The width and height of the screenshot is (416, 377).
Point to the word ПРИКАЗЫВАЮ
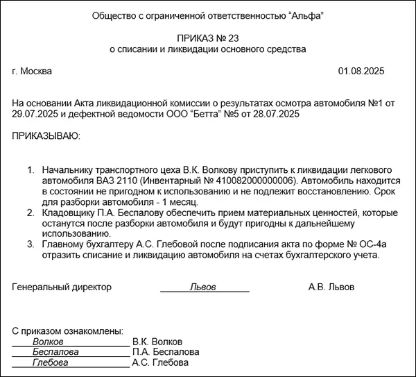pos(46,136)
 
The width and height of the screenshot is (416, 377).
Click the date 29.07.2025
pos(34,114)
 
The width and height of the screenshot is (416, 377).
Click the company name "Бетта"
pos(195,114)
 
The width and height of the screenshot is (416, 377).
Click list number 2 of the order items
pos(31,212)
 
